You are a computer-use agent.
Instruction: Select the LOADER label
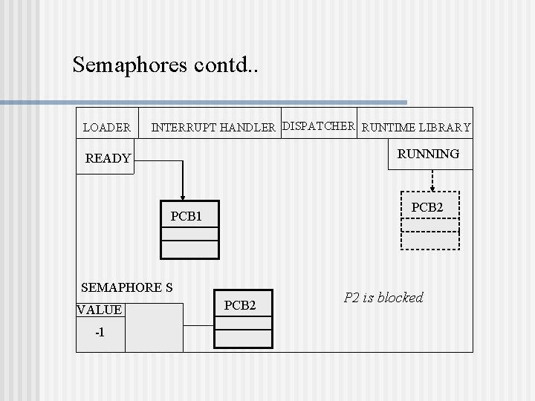click(x=106, y=128)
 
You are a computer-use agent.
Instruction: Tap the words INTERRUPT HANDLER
click(x=213, y=128)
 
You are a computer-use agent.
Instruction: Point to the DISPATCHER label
click(x=320, y=126)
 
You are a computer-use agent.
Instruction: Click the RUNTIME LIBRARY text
click(x=416, y=128)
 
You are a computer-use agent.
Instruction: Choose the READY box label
click(x=108, y=158)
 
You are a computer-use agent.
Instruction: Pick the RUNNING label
click(x=428, y=154)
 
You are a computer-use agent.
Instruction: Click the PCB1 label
click(x=186, y=217)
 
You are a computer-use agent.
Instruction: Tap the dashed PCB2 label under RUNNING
click(x=427, y=207)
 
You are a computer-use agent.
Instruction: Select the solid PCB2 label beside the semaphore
click(x=240, y=305)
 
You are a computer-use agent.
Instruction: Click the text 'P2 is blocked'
click(x=383, y=298)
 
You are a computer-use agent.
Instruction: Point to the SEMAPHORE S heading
click(x=126, y=287)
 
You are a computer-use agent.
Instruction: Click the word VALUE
click(x=99, y=310)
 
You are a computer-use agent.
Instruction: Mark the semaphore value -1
click(x=100, y=332)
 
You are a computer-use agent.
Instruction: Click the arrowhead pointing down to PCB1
click(x=183, y=195)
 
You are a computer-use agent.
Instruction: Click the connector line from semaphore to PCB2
click(x=198, y=325)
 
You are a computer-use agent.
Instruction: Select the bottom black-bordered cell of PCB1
click(x=190, y=249)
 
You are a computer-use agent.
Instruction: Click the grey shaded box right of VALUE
click(x=154, y=327)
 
